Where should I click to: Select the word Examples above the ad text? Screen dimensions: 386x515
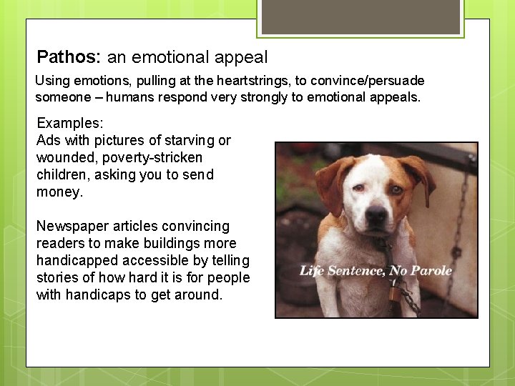click(x=70, y=123)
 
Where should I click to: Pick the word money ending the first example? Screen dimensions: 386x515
click(x=59, y=192)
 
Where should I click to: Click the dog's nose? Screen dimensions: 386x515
click(x=375, y=216)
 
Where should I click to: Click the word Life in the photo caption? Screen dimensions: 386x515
click(x=311, y=270)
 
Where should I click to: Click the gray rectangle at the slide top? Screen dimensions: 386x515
click(x=360, y=16)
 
